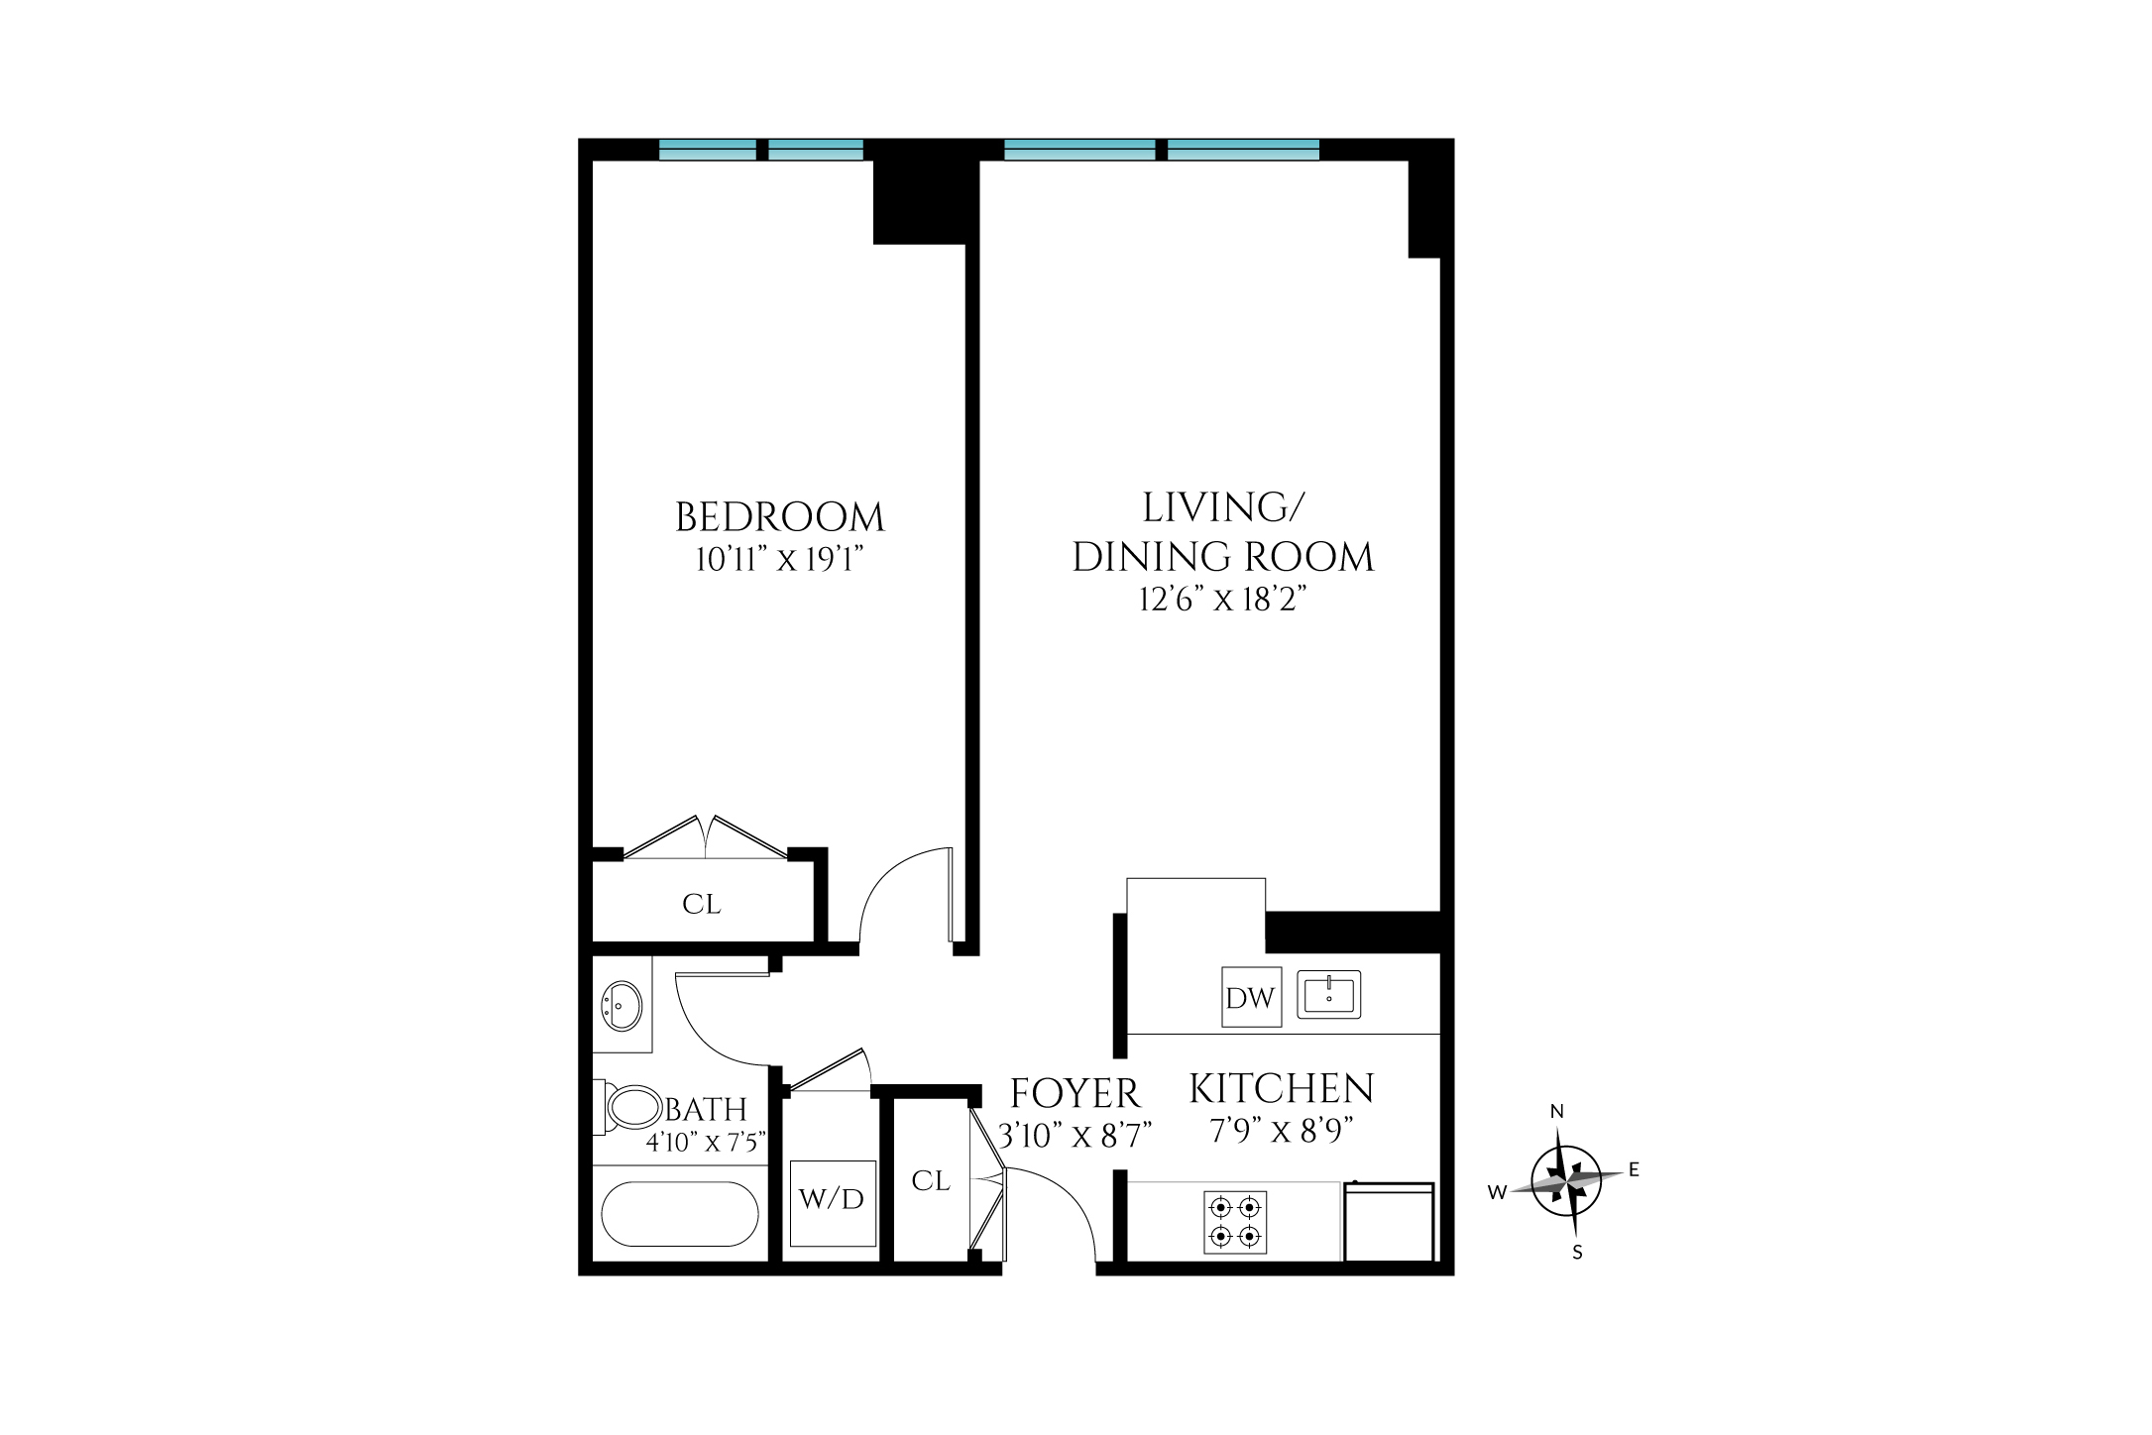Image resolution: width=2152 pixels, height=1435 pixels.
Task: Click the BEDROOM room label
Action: coord(779,517)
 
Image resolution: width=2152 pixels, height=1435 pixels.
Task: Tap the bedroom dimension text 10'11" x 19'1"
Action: coord(779,560)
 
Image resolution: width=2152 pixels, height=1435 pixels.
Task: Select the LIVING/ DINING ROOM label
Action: coord(1223,532)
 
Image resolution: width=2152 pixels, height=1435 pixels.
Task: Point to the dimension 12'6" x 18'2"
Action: coord(1223,600)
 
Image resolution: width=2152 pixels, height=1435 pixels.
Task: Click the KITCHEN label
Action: coord(1282,1089)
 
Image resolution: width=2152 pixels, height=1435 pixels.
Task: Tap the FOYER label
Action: coord(1076,1094)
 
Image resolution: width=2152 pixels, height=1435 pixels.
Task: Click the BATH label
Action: coord(706,1109)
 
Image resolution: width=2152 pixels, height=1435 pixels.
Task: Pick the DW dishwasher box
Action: coord(1251,997)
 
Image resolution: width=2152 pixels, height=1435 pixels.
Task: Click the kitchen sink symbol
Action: coord(1329,994)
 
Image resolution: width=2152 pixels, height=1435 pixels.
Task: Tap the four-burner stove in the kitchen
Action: coord(1235,1222)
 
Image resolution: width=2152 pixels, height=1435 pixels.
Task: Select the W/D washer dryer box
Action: coord(833,1203)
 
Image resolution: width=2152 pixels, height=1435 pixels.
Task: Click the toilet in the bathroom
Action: coord(628,1107)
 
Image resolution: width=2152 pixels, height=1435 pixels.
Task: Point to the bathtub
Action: coord(680,1214)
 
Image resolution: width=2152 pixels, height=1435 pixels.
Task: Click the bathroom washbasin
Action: coord(622,1006)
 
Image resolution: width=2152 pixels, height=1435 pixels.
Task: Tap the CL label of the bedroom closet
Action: coord(702,904)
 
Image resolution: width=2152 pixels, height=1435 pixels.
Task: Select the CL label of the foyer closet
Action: coord(931,1180)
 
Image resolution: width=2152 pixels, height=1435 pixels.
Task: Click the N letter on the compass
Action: coord(1557,1112)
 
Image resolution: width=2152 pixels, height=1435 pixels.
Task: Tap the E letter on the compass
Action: coord(1634,1169)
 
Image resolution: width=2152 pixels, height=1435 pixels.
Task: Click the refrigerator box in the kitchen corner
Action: coord(1390,1222)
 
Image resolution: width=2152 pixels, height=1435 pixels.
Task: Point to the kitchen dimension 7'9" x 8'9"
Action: coord(1282,1131)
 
